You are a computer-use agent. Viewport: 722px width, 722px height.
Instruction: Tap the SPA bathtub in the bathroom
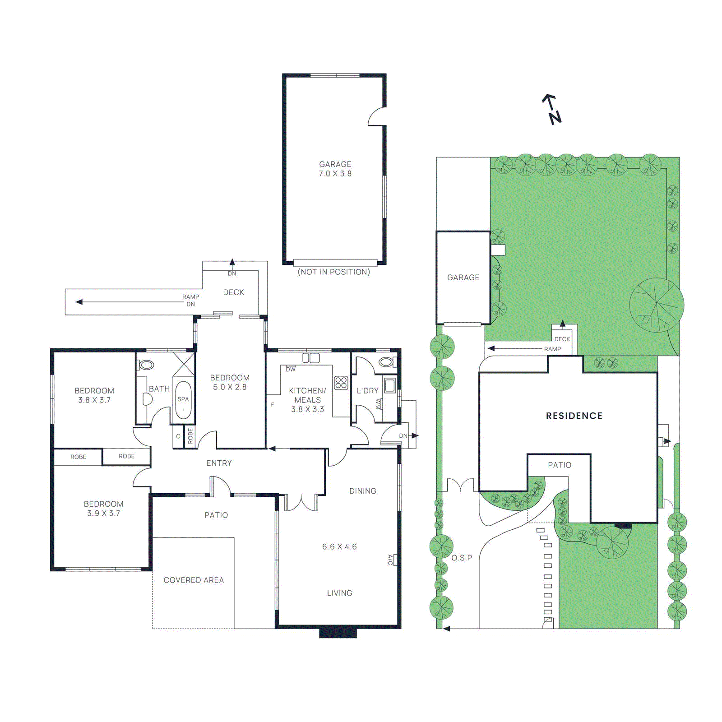(x=183, y=400)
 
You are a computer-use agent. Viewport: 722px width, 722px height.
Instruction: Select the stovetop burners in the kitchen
(x=341, y=383)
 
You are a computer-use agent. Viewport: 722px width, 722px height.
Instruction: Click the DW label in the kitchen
(x=291, y=370)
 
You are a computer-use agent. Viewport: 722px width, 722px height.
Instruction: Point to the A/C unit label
(x=390, y=560)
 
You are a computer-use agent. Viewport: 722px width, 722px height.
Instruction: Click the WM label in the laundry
(x=378, y=404)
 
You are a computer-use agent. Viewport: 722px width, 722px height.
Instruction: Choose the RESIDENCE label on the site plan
(x=574, y=416)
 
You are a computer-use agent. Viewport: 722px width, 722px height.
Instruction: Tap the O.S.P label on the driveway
(x=462, y=558)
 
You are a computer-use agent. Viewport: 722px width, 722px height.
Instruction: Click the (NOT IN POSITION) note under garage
(x=334, y=272)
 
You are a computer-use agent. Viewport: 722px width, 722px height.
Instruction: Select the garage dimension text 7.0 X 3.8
(x=335, y=174)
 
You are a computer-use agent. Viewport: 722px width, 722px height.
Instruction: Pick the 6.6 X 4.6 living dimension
(x=339, y=547)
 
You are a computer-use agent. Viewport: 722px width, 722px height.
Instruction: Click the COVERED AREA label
(x=194, y=580)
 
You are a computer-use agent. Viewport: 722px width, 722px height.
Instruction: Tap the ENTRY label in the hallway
(x=219, y=463)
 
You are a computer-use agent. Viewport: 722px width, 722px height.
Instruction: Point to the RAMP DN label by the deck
(x=190, y=301)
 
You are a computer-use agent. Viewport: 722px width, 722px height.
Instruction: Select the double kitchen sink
(x=311, y=358)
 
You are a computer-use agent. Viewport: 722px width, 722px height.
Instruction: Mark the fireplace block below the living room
(x=338, y=633)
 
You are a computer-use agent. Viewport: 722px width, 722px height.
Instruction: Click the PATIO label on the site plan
(x=560, y=465)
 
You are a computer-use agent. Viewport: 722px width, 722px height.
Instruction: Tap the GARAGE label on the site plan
(x=463, y=278)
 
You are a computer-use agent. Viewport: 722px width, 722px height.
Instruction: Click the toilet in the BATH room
(x=147, y=365)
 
